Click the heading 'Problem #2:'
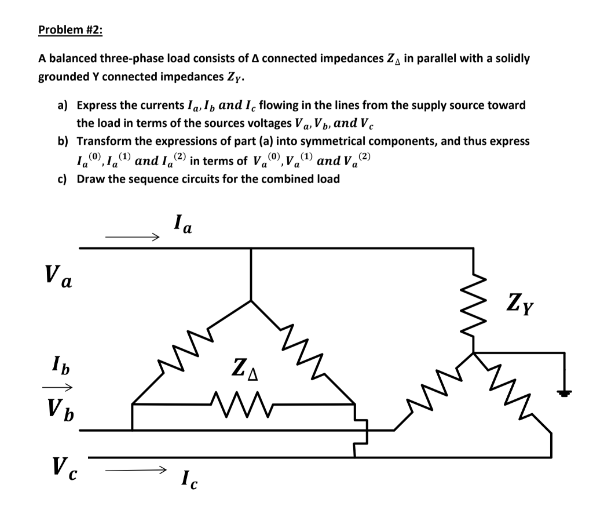70,30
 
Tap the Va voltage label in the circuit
58,277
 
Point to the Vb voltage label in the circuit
58,406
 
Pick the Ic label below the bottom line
189,479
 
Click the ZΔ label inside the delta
245,369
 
